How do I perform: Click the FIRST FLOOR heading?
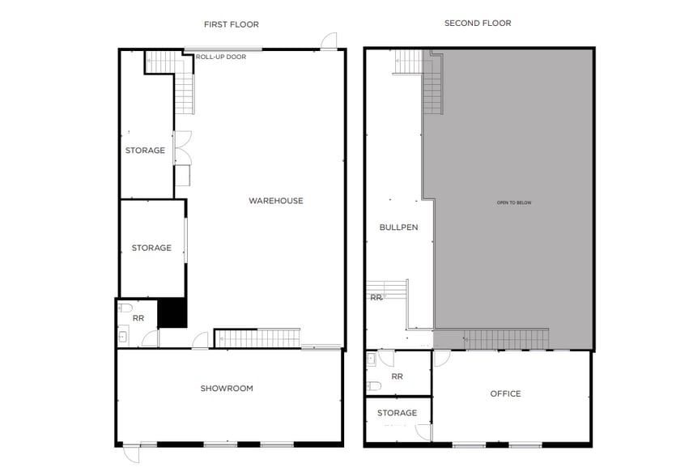231,24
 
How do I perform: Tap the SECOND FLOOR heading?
478,23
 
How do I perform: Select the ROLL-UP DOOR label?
220,57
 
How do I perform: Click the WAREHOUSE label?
275,201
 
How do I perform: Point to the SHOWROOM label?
227,389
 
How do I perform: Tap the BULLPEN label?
398,227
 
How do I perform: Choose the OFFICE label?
505,394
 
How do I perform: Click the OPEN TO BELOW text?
514,202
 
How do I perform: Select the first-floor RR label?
138,319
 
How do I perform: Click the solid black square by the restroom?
172,312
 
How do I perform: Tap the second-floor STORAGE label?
397,413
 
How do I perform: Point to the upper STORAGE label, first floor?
145,151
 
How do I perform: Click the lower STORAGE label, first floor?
151,248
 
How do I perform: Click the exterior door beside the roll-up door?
329,41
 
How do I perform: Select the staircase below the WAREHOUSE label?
257,338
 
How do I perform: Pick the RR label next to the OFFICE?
397,376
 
